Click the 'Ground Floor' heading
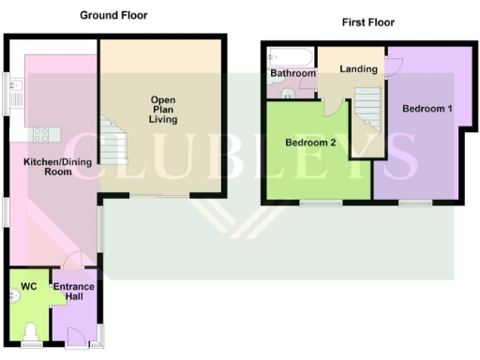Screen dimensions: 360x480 pos(113,15)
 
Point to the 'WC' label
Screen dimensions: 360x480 pos(28,287)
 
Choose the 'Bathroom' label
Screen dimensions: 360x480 pos(291,73)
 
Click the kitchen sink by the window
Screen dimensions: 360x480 pos(17,93)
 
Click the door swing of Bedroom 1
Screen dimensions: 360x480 pos(395,64)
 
